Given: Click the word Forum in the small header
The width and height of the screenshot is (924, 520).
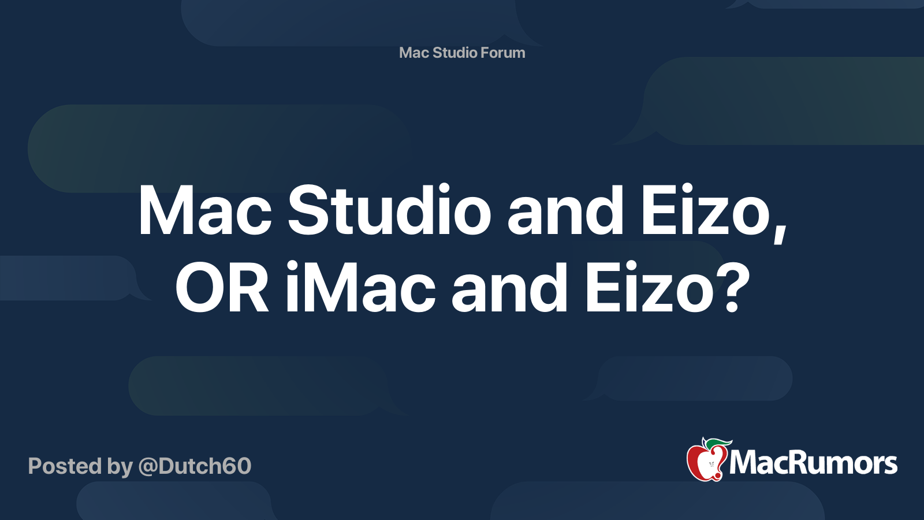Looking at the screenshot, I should (x=502, y=53).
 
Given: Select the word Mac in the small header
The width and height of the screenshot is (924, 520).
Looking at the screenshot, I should (x=413, y=53).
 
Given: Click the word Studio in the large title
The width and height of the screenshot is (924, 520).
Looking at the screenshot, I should (x=389, y=211).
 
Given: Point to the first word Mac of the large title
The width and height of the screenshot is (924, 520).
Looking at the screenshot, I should (x=204, y=211).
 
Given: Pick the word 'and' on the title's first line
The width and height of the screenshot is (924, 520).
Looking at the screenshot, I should (x=565, y=211).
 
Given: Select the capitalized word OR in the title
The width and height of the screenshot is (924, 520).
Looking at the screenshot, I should (x=222, y=288).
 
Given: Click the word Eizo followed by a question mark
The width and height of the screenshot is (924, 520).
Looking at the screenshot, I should (x=649, y=288).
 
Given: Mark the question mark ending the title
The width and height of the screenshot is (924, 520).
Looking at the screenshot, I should (x=733, y=288).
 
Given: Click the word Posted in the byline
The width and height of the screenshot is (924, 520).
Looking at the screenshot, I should (x=65, y=466).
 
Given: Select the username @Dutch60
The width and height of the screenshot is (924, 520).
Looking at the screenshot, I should (x=195, y=466).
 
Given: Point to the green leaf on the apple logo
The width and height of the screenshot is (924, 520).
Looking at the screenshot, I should (x=718, y=443).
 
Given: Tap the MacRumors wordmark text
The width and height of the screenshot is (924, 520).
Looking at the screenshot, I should (x=813, y=463).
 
